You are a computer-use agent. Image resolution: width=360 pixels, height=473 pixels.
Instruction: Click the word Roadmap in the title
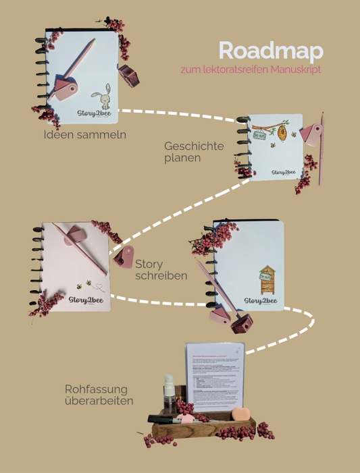[x=271, y=51]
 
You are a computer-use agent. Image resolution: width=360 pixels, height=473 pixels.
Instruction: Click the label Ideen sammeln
[x=84, y=134]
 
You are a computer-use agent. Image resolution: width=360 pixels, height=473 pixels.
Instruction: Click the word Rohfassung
[x=95, y=389]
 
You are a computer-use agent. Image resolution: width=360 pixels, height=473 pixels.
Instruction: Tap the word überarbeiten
[x=98, y=401]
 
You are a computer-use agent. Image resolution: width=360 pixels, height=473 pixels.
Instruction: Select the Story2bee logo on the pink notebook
[x=85, y=300]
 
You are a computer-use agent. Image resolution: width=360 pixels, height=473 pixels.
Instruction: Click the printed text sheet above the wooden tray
[x=215, y=375]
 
